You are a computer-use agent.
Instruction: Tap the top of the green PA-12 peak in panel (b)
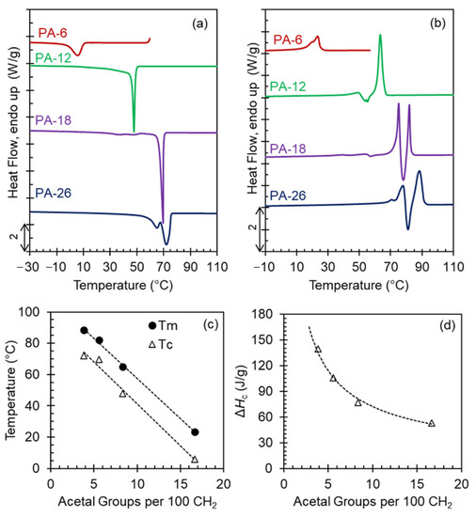point(380,35)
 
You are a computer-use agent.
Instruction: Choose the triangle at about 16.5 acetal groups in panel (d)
point(431,423)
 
